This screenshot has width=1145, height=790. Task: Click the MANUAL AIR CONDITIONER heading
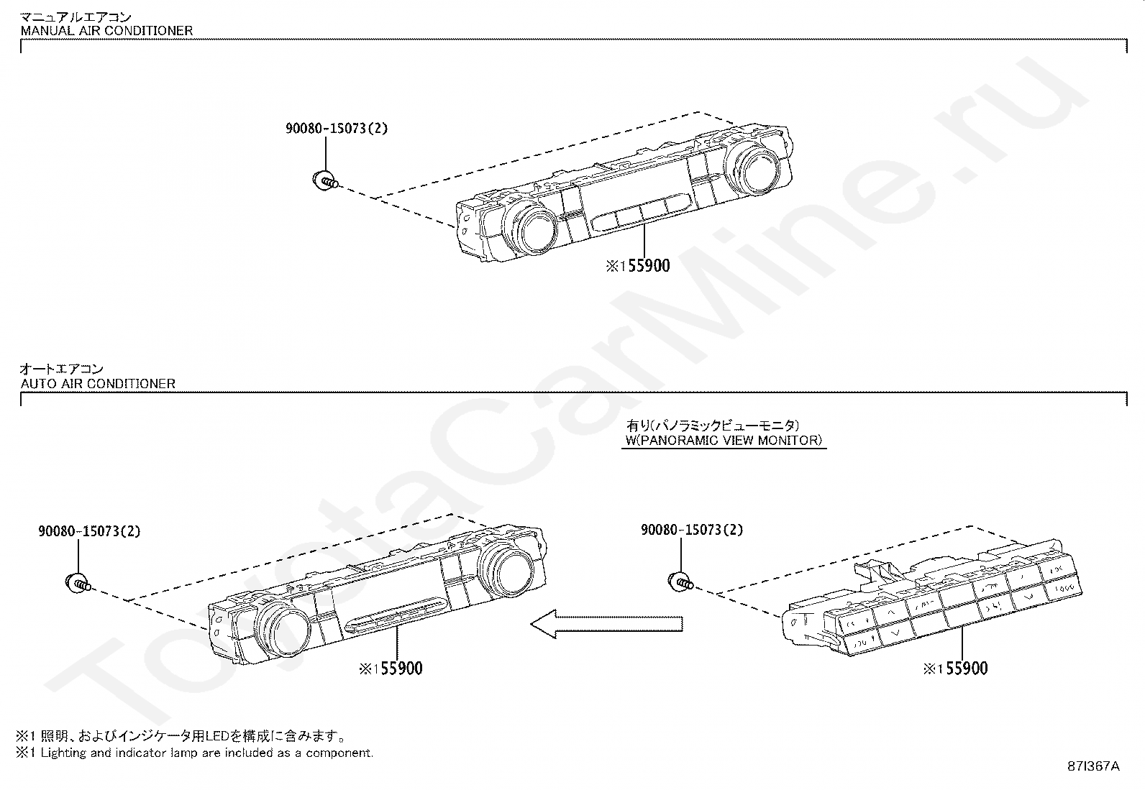(106, 31)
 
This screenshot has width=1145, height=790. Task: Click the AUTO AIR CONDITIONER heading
(98, 384)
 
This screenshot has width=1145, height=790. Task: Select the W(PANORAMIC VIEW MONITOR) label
(724, 441)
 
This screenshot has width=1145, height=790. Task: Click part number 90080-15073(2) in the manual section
(336, 129)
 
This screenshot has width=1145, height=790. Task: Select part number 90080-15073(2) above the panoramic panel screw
(692, 531)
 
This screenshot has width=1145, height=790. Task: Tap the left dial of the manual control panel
(533, 228)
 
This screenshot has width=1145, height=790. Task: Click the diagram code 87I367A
(1093, 766)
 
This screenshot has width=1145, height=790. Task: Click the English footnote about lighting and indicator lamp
(195, 753)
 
